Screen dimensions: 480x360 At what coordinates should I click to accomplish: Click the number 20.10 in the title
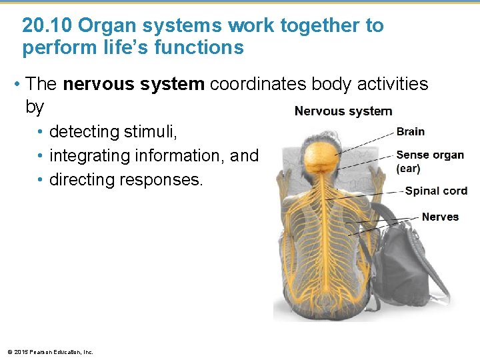[x=47, y=26]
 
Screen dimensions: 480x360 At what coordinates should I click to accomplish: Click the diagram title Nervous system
[x=343, y=111]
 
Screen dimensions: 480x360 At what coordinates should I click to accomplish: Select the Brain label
[x=410, y=132]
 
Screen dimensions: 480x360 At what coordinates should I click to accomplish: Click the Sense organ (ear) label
[x=430, y=161]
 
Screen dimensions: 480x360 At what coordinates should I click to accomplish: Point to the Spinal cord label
[x=436, y=191]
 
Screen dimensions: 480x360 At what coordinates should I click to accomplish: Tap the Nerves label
[x=440, y=217]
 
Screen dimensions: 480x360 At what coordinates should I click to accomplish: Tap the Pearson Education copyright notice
[x=50, y=351]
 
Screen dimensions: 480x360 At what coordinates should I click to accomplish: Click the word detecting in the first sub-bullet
[x=85, y=132]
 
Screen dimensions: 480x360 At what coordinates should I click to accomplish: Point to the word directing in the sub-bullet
[x=83, y=180]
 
